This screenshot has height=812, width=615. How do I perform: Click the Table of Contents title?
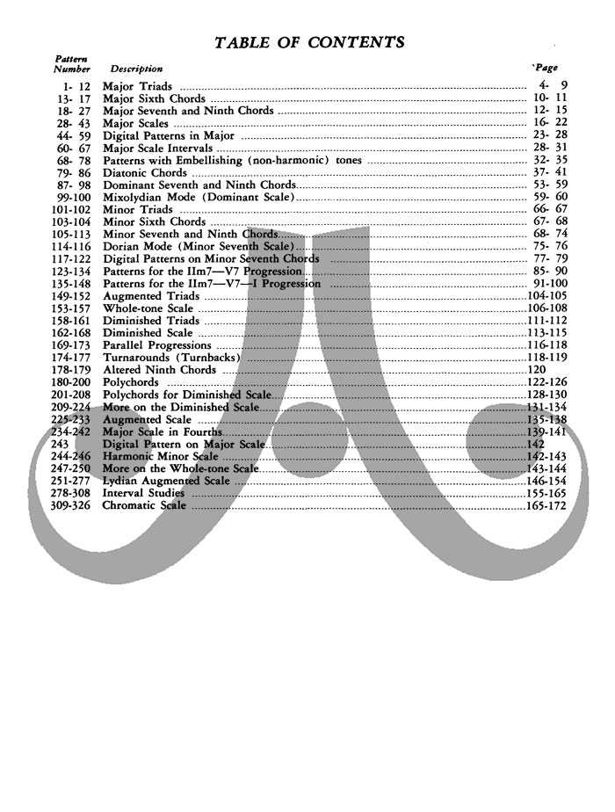point(309,41)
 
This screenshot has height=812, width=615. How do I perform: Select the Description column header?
point(136,69)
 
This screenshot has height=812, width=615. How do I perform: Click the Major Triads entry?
point(137,87)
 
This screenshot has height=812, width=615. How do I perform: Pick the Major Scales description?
point(136,124)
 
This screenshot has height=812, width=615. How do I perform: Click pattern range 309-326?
point(70,506)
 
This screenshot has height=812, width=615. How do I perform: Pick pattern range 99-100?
point(70,198)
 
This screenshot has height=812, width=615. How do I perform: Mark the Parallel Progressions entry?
point(156,346)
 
